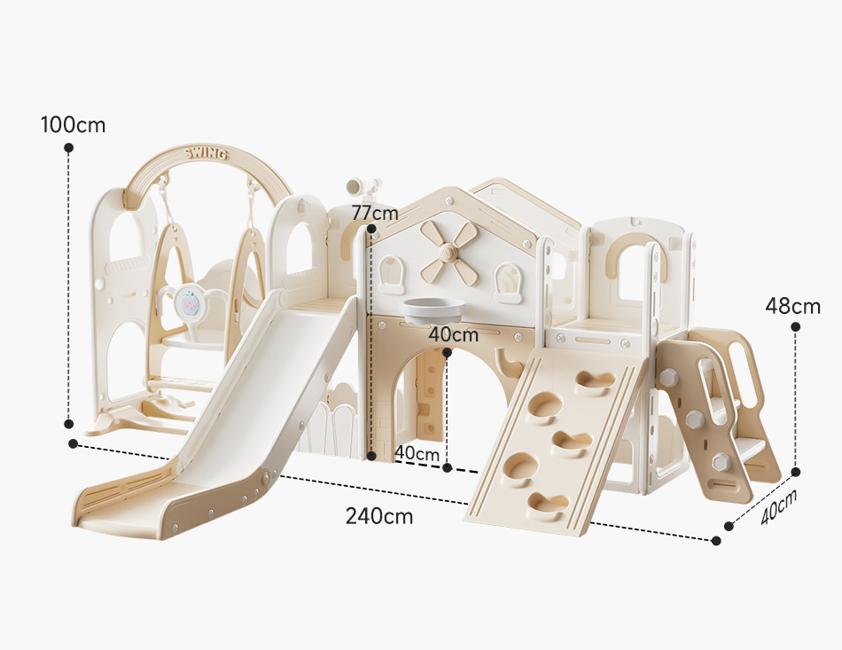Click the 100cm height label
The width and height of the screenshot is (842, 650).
tap(73, 125)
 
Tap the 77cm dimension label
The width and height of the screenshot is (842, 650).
tap(374, 213)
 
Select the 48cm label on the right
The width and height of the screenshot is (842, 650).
tap(793, 307)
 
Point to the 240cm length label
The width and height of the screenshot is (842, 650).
tap(379, 515)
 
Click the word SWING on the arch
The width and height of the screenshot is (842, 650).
tap(206, 155)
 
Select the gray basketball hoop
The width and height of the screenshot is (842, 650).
tap(433, 310)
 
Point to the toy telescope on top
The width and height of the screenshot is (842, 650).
tap(363, 185)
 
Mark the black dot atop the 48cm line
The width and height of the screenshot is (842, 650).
tap(795, 327)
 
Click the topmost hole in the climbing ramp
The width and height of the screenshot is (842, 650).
tap(594, 382)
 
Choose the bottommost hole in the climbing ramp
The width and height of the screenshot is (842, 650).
tap(548, 504)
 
